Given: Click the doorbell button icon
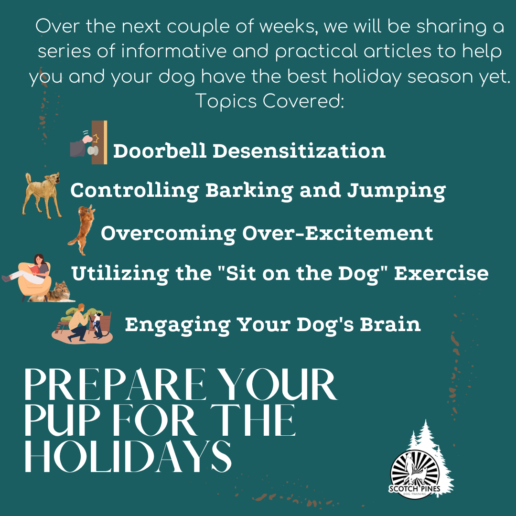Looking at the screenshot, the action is pos(89,142).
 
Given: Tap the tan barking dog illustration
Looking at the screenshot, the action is pos(42,195).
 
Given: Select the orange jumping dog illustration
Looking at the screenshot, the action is pos(82,230).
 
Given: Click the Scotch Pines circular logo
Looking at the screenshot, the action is pos(415,474).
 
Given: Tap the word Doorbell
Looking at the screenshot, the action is pos(160,150).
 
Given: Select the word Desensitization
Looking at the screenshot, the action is pos(299,150).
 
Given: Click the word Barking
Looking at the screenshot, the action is pos(249,191).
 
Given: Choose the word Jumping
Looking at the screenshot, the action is pos(397,191).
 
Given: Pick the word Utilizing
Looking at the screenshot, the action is pos(120,274).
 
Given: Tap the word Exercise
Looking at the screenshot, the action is pos(441,273).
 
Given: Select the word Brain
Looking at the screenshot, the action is pos(390,324).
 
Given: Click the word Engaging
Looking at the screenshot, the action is pos(178,325).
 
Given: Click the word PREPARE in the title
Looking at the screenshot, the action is pos(115,384).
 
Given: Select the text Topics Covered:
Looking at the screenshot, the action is pos(269,101).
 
